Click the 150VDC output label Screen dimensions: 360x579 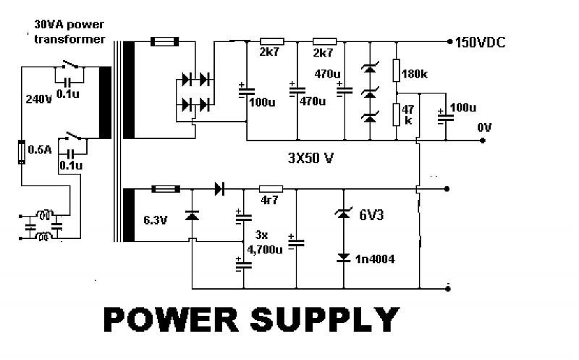480,43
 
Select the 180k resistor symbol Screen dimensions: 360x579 397,71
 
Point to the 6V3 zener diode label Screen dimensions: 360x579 373,214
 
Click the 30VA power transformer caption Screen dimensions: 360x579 69,32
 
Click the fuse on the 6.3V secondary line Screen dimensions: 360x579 165,189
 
